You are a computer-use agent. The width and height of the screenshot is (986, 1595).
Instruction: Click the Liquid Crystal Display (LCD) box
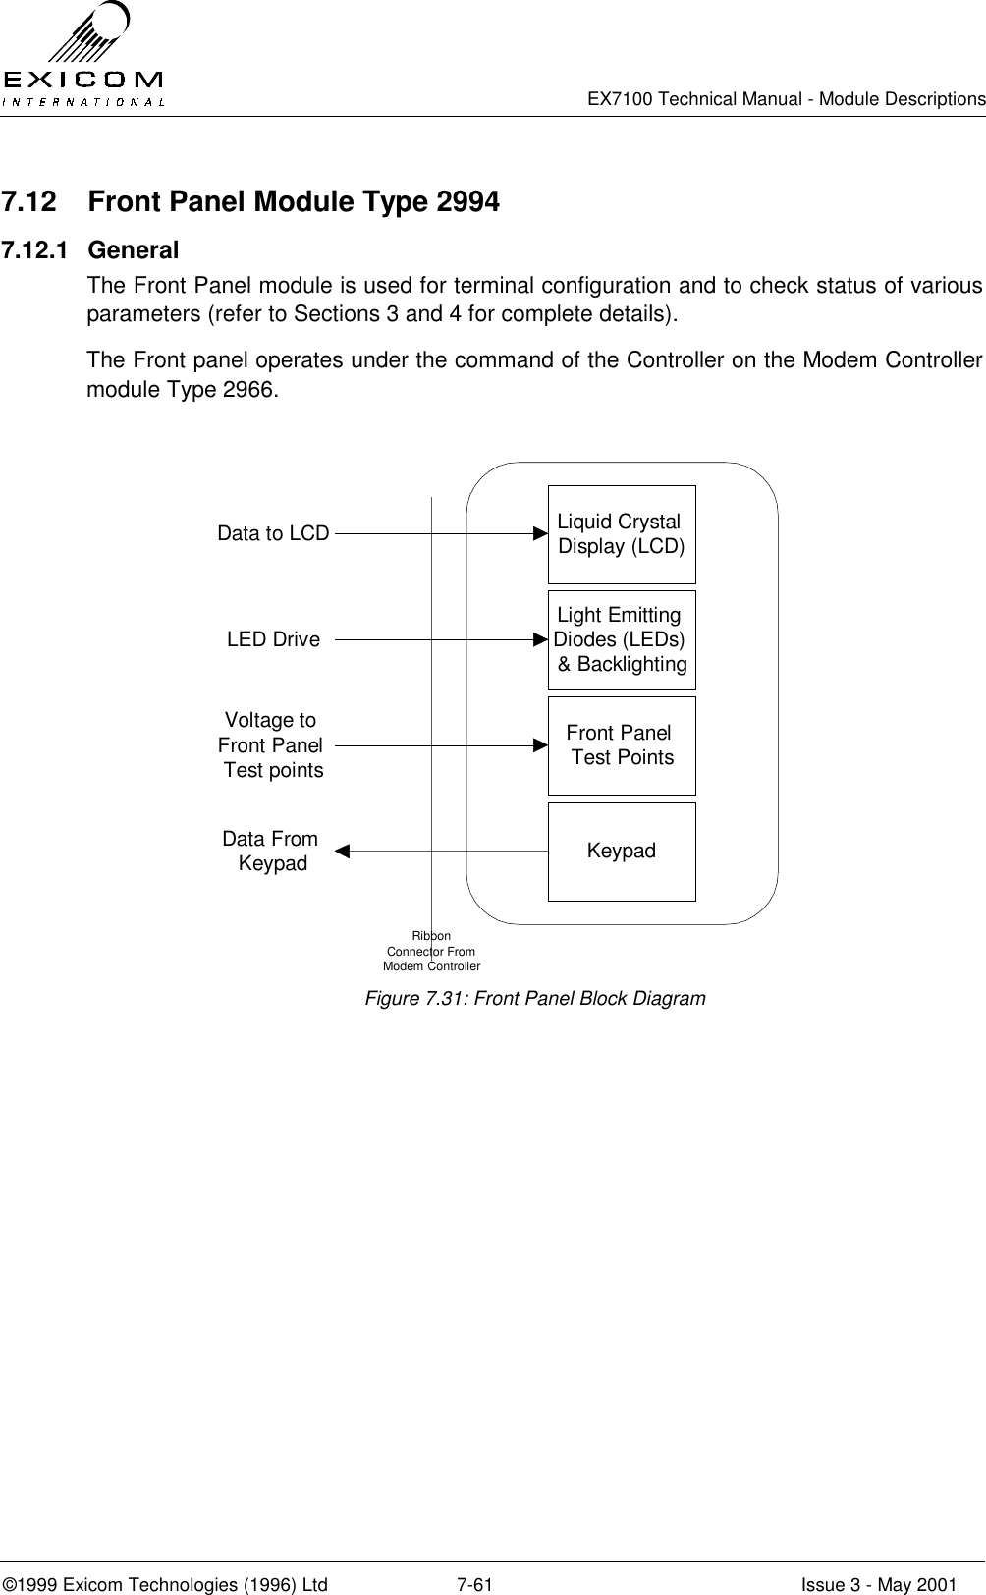tap(622, 534)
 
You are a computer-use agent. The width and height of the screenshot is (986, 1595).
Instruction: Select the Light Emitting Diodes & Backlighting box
tap(622, 640)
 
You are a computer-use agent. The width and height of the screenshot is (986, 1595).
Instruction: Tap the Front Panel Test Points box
tap(622, 745)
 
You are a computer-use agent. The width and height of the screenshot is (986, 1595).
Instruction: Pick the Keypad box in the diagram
tap(622, 852)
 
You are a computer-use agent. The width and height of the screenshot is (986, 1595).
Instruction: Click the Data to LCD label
tap(273, 534)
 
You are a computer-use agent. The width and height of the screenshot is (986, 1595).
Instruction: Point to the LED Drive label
tap(273, 640)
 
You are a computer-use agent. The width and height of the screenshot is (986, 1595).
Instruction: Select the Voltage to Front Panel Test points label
tap(271, 746)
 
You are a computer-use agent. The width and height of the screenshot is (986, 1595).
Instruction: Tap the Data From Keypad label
tap(271, 852)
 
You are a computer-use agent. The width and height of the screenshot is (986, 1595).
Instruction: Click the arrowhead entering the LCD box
tap(540, 534)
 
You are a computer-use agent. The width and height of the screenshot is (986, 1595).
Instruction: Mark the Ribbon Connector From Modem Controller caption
tap(431, 952)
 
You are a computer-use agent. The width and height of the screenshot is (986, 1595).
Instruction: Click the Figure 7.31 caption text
tap(535, 999)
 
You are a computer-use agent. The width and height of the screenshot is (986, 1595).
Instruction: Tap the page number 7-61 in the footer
tap(475, 1558)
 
